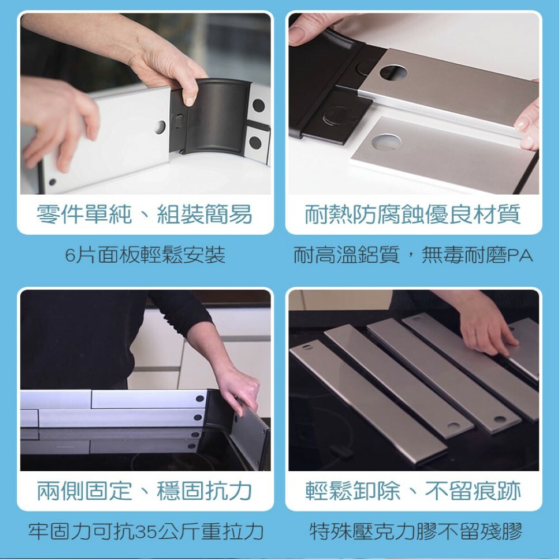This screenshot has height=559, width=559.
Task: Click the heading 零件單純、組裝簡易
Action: tap(144, 214)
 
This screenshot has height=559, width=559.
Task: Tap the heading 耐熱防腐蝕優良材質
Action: tap(413, 214)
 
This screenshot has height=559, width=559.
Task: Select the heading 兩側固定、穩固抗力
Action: tap(144, 491)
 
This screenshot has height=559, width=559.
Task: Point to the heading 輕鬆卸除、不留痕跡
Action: tap(413, 491)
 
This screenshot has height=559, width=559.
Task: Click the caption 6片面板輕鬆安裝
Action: tap(145, 254)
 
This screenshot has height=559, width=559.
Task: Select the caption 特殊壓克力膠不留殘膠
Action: tap(416, 531)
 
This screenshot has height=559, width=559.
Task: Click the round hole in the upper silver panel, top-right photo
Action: tap(393, 72)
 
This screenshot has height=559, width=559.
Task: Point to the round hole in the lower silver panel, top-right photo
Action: tap(386, 141)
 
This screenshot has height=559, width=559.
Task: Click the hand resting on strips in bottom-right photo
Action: tap(487, 328)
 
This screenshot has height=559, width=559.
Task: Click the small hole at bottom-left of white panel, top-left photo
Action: tap(53, 182)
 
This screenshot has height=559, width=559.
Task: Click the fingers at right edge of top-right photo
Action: tap(528, 125)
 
